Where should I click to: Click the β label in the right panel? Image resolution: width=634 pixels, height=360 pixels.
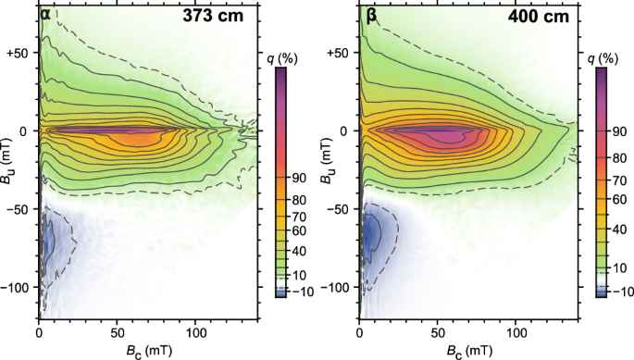point(365,15)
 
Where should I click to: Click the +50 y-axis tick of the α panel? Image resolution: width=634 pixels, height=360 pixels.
point(22,53)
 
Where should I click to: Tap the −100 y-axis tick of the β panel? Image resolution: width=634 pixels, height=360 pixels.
point(339,289)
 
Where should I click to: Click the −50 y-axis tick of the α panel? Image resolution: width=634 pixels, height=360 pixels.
point(22,210)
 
